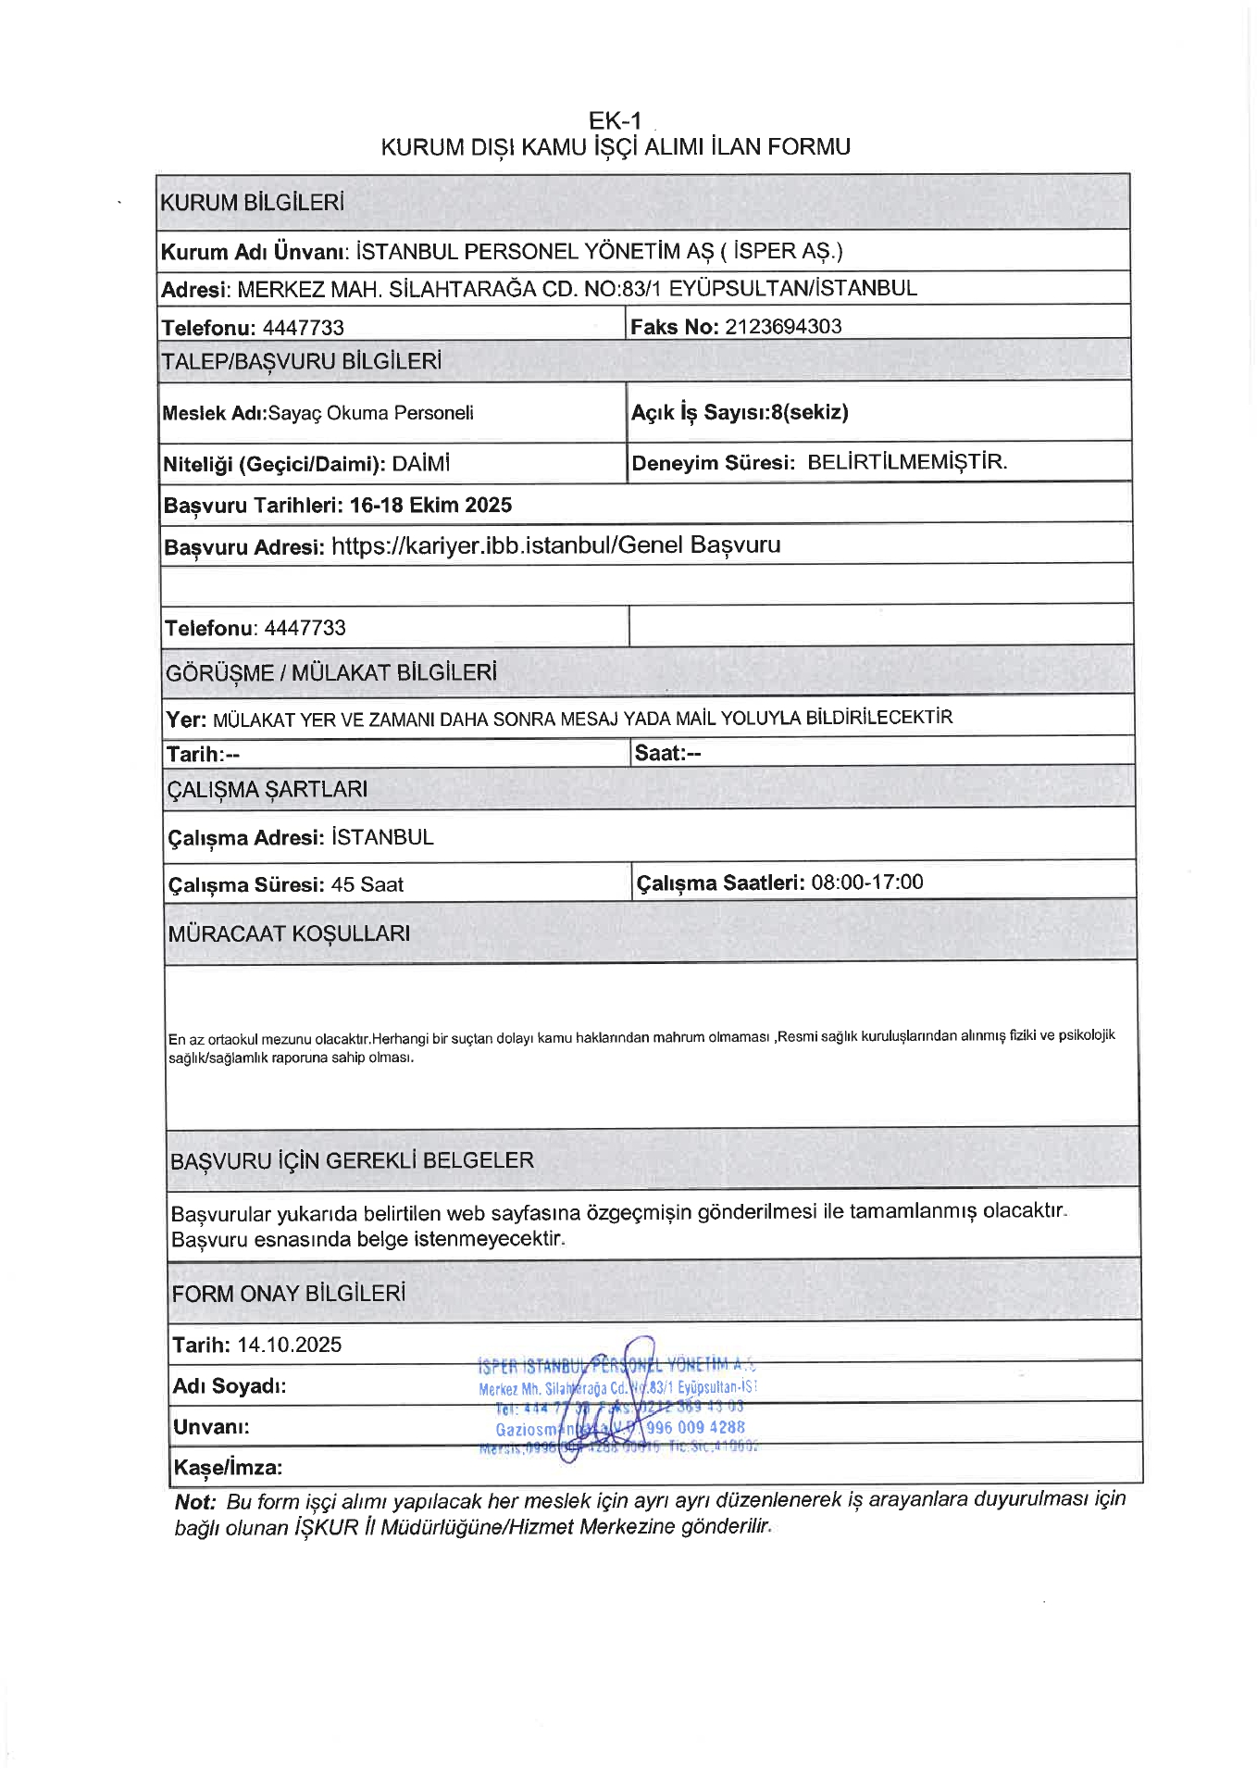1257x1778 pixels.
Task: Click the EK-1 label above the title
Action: (615, 120)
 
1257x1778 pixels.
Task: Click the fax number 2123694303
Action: (783, 326)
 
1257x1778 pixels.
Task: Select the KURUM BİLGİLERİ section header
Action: (252, 202)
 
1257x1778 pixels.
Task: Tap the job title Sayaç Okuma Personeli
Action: (370, 413)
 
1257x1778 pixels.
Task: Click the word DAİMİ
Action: (421, 463)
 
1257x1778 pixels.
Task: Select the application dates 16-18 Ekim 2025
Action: (430, 505)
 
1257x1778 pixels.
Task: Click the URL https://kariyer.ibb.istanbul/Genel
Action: (472, 545)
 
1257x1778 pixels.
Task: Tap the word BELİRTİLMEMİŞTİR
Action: (906, 461)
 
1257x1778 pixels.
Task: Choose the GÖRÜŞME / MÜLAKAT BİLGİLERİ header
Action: (330, 672)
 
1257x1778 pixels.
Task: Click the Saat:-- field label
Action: (667, 753)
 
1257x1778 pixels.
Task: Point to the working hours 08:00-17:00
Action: (867, 882)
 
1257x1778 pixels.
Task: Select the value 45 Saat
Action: (367, 884)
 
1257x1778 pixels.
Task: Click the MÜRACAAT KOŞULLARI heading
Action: (289, 933)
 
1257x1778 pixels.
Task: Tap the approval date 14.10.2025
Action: (290, 1345)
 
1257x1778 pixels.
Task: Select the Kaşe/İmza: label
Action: (228, 1467)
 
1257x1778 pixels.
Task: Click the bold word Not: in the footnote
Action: (194, 1502)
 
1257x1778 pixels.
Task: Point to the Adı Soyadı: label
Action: (230, 1386)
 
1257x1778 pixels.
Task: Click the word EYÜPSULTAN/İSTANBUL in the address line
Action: (792, 288)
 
